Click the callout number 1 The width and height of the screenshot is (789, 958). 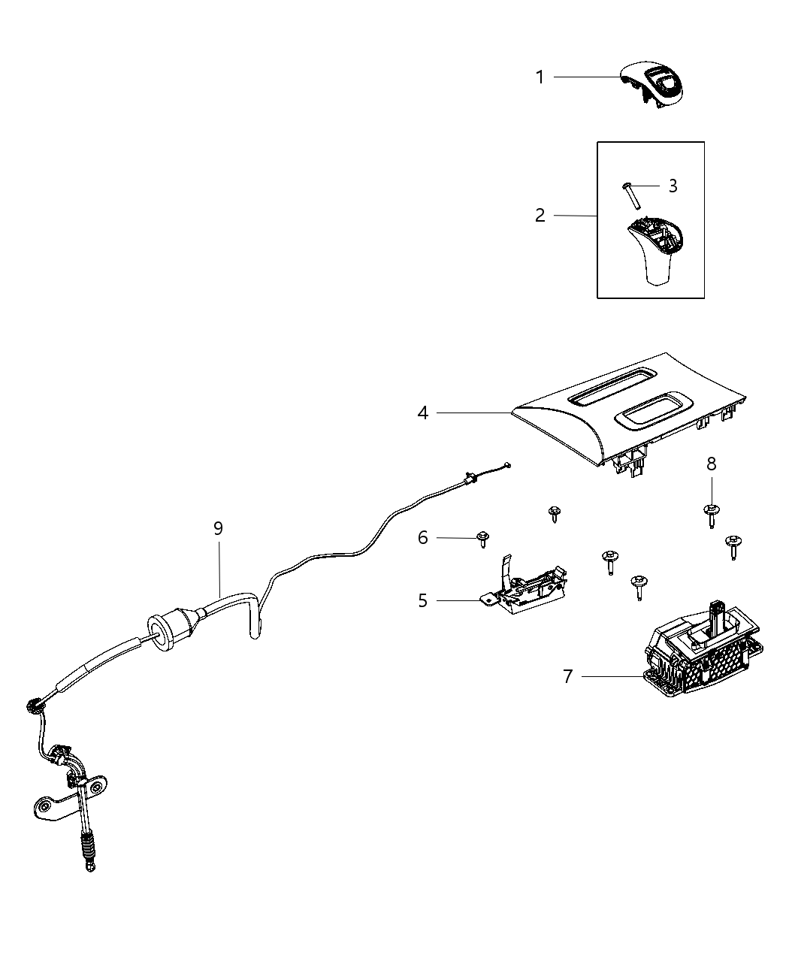pyautogui.click(x=540, y=77)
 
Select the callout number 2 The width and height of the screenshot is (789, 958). pyautogui.click(x=540, y=216)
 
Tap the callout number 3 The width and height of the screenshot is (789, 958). pyautogui.click(x=673, y=186)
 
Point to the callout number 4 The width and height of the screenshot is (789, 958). pyautogui.click(x=423, y=413)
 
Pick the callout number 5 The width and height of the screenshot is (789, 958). pyautogui.click(x=423, y=601)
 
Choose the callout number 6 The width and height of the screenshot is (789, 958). pyautogui.click(x=423, y=537)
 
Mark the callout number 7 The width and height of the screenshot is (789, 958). pyautogui.click(x=568, y=677)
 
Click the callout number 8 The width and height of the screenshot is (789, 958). pyautogui.click(x=711, y=464)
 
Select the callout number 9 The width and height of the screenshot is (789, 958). pyautogui.click(x=218, y=529)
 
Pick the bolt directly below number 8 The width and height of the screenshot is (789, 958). pyautogui.click(x=711, y=515)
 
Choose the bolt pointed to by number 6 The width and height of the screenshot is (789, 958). pyautogui.click(x=482, y=539)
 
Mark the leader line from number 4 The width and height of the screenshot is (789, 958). pyautogui.click(x=473, y=413)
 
